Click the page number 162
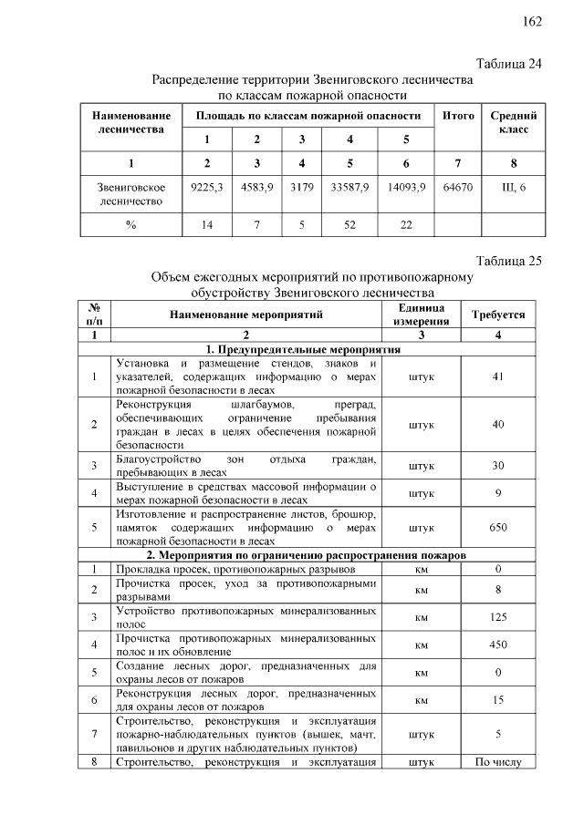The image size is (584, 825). click(532, 22)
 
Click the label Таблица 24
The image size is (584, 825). click(509, 64)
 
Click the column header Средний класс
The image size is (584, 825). click(513, 123)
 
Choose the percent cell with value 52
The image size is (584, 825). click(350, 224)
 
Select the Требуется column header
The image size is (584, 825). click(497, 315)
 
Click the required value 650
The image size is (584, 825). click(497, 527)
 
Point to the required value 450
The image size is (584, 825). click(497, 645)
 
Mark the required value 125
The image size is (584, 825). click(497, 617)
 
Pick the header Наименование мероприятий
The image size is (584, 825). click(245, 315)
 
